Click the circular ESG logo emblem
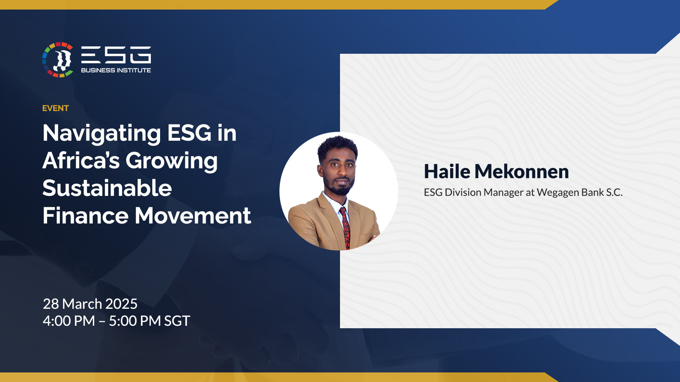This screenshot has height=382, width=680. [x=58, y=60]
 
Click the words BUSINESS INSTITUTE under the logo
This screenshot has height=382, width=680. [x=116, y=70]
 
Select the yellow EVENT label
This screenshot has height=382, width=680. [x=56, y=108]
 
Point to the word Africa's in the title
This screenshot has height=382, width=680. [x=81, y=160]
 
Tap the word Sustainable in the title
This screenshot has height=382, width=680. [x=107, y=188]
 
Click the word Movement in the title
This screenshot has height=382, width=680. [x=193, y=215]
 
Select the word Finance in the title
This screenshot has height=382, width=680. [x=85, y=215]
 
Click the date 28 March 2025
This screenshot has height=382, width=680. [x=90, y=304]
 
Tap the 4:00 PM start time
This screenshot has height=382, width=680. [x=69, y=321]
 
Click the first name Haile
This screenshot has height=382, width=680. [x=447, y=172]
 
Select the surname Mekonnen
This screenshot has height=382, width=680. [x=522, y=172]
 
